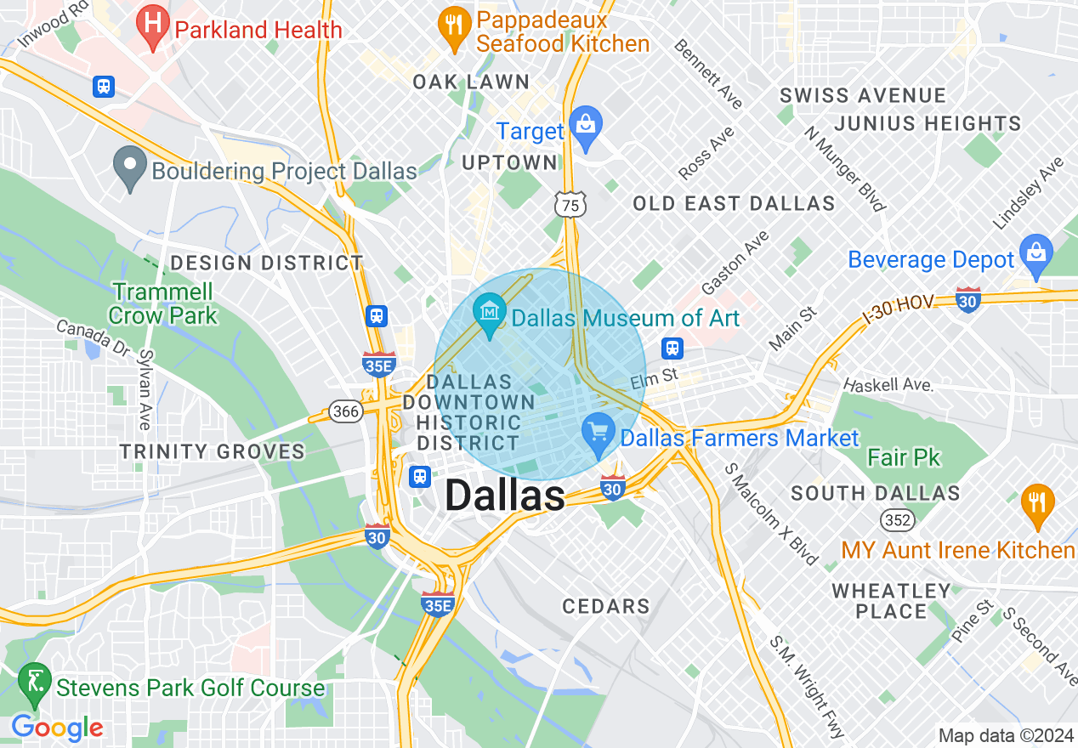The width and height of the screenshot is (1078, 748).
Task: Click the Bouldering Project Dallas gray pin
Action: [x=130, y=167]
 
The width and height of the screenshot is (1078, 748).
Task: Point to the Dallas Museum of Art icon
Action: [x=490, y=314]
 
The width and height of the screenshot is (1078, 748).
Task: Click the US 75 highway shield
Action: [x=570, y=204]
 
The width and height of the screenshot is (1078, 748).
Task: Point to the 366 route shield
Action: [x=347, y=411]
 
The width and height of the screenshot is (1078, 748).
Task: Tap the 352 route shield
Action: [x=899, y=519]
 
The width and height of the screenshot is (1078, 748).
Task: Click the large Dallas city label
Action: [x=504, y=496]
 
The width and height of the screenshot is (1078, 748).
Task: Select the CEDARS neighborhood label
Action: [x=606, y=606]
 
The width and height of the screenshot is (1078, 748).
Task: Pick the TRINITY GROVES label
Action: [x=212, y=451]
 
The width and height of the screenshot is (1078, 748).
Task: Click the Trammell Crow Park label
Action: [x=164, y=303]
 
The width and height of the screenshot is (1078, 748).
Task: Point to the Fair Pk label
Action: [x=904, y=457]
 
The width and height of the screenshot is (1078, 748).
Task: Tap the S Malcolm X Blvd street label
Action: [x=771, y=513]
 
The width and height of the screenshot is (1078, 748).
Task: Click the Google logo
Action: [x=57, y=728]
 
